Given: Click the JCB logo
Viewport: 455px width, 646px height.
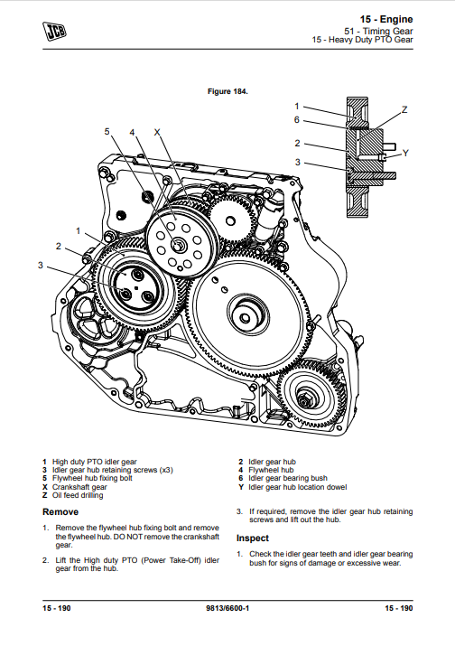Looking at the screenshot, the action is (x=54, y=32).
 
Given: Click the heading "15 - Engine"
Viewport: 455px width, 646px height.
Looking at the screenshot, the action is (x=385, y=19).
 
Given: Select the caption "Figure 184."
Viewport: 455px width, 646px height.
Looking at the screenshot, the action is (x=227, y=91).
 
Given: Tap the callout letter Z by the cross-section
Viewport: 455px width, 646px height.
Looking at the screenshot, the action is (x=404, y=109).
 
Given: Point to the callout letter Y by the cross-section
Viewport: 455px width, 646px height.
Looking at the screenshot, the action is (x=405, y=154).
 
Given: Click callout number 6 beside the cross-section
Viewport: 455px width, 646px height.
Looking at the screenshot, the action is (x=296, y=120).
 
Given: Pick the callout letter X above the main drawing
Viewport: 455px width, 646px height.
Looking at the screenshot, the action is (x=157, y=132).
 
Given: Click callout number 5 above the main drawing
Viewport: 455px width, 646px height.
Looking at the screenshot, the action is (x=107, y=131).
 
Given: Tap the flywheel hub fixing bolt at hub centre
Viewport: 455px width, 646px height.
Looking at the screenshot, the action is (x=179, y=246).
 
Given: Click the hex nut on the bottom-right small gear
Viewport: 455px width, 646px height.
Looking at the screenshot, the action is (x=304, y=398).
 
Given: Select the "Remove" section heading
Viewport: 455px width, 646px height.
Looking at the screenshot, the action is (x=60, y=512).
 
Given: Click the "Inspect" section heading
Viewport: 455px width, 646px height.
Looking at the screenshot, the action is (x=253, y=538).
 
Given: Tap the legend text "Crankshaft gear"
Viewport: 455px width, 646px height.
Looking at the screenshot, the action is (x=79, y=487).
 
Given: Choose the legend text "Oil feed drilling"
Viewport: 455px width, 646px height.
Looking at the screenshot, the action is (x=78, y=495).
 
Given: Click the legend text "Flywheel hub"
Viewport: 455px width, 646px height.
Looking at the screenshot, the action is (x=271, y=470).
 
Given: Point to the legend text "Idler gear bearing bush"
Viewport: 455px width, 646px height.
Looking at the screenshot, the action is (x=288, y=478).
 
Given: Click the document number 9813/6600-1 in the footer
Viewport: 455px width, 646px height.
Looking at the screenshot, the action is (x=227, y=608).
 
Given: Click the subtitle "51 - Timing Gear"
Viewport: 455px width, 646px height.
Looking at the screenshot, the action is (x=378, y=31).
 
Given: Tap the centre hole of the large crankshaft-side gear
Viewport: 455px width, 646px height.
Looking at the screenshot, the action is (x=245, y=318).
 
